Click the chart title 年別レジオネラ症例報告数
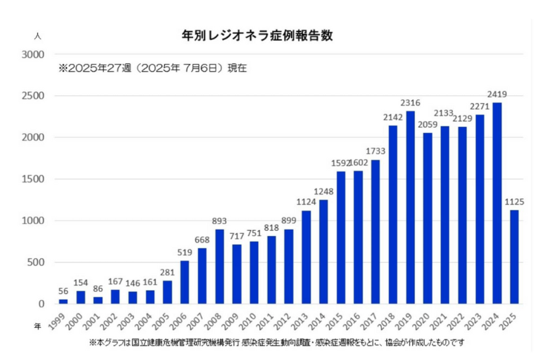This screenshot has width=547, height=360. click(257, 36)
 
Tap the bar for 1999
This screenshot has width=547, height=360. click(63, 301)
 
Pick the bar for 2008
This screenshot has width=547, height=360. click(219, 267)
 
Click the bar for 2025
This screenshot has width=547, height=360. click(514, 257)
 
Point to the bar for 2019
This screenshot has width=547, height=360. click(410, 207)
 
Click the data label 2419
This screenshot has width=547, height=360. click(497, 94)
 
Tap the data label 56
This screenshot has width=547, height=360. click(63, 291)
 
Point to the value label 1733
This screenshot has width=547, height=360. click(376, 151)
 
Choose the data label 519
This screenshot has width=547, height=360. click(185, 252)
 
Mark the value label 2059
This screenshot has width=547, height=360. click(428, 124)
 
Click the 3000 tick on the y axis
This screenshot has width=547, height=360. click(31, 55)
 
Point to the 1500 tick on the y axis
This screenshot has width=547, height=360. click(31, 179)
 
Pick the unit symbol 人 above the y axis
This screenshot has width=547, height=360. click(37, 36)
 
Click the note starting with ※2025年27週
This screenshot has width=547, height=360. click(153, 68)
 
